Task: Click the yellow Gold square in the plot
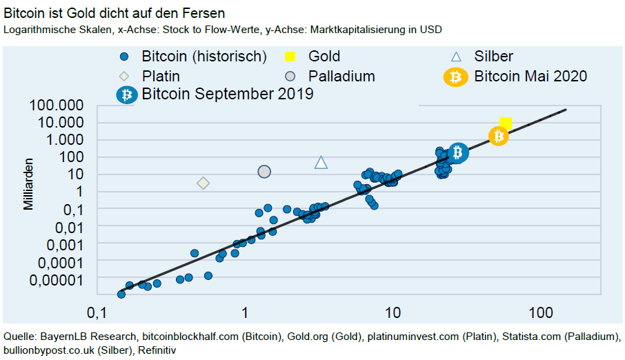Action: click(506, 123)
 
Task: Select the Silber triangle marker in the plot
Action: click(321, 163)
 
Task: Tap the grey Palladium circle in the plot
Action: click(264, 172)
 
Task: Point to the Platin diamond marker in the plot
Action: click(203, 183)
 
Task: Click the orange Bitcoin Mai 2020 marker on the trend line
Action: click(498, 137)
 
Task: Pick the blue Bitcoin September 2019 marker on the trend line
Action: click(458, 152)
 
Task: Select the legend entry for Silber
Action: click(493, 57)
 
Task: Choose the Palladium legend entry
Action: click(341, 76)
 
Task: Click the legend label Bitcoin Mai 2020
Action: click(530, 76)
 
